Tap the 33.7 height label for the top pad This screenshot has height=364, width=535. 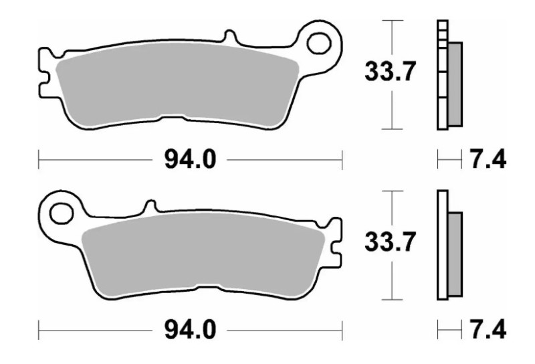coord(386,72)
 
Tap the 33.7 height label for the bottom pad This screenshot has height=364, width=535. coord(386,243)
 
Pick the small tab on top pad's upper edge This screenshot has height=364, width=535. coord(229,37)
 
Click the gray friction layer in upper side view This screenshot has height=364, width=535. coord(454,84)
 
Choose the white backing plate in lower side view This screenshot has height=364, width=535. coord(441,244)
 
